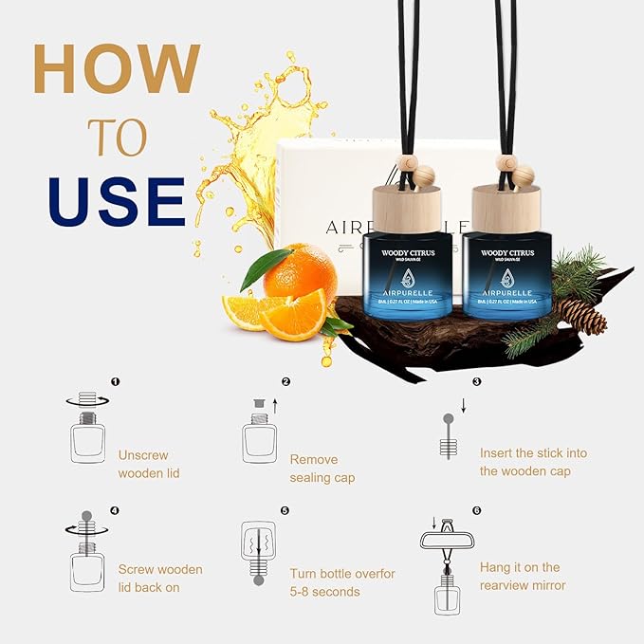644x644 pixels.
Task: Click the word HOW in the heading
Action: [x=118, y=69]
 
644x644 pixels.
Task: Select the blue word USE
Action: [x=117, y=202]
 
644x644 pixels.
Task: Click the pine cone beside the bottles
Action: [x=581, y=316]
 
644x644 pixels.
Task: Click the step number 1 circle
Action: [x=116, y=381]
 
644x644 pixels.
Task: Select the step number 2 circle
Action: [x=285, y=381]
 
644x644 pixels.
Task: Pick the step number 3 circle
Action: [x=476, y=381]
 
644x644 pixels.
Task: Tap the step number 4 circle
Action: [x=115, y=510]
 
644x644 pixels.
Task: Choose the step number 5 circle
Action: [x=285, y=510]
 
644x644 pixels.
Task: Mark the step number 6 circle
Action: [x=476, y=510]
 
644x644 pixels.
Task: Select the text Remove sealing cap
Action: [x=322, y=469]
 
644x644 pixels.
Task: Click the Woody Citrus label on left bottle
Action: [x=410, y=253]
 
